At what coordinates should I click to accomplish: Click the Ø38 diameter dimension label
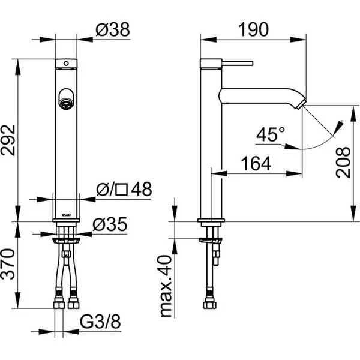113,29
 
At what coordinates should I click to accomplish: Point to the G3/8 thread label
100,322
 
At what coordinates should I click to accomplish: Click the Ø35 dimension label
110,224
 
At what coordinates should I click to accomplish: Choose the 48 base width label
142,189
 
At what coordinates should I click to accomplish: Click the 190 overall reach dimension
253,29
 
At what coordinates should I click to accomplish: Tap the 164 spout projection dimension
256,164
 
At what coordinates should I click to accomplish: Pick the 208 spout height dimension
343,163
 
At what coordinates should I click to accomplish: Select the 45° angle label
271,134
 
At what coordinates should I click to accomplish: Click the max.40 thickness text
166,286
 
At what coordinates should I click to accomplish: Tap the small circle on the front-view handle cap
66,63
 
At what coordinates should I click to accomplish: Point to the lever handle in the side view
238,63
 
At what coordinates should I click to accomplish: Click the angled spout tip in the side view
301,103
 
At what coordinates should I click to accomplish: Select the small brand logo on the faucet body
67,215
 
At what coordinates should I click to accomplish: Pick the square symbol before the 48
121,190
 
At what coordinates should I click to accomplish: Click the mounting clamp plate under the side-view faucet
211,241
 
